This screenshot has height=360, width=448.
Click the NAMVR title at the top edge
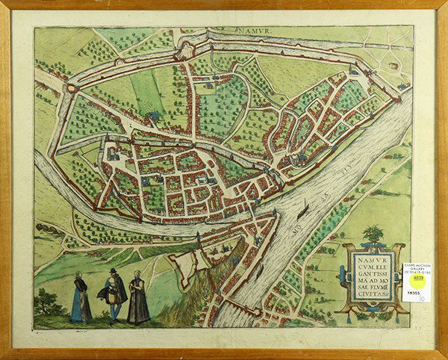[253, 33]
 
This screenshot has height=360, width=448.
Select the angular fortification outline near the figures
[190, 265]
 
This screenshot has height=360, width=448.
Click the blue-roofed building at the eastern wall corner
[402, 87]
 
